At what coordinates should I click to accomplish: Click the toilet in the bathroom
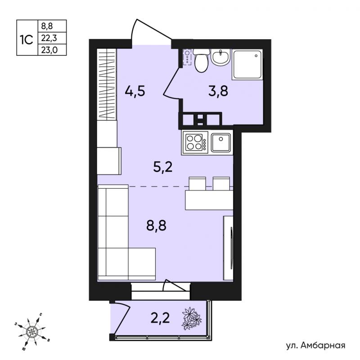[202, 60]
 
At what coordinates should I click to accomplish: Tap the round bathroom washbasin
[220, 57]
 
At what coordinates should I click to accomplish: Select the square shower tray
[247, 64]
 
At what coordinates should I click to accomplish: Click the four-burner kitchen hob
[194, 142]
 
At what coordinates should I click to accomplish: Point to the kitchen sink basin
[220, 142]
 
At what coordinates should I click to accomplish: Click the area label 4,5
[135, 91]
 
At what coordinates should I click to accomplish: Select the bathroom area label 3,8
[218, 91]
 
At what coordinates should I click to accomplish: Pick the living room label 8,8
[156, 226]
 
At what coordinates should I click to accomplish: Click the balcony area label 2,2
[160, 318]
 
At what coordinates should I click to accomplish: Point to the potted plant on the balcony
[192, 319]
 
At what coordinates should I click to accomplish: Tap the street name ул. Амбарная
[316, 345]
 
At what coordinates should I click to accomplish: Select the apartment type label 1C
[27, 40]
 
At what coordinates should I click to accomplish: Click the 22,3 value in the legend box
[49, 38]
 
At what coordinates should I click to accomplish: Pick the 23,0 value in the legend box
[49, 50]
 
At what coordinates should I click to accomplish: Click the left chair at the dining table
[197, 184]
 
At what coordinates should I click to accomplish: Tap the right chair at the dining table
[221, 184]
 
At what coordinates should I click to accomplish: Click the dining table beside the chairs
[209, 200]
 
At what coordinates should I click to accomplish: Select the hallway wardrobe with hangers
[107, 84]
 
